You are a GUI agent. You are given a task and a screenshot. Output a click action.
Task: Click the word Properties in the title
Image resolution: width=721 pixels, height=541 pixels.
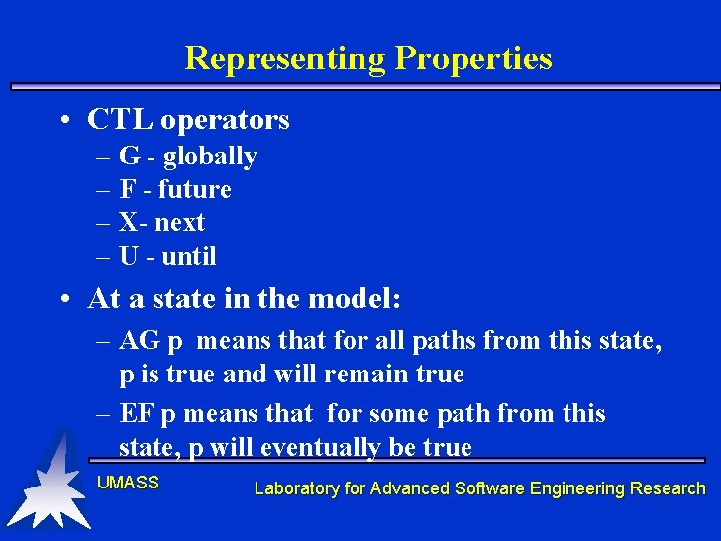click(x=473, y=58)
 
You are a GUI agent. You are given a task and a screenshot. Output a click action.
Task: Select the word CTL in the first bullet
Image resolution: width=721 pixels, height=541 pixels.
click(x=120, y=120)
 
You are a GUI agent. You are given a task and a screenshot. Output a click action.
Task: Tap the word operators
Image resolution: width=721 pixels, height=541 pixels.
click(x=225, y=121)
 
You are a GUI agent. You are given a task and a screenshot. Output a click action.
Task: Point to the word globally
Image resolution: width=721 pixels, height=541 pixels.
click(x=210, y=157)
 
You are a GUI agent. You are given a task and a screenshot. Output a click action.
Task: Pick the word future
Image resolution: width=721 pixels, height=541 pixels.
click(x=195, y=189)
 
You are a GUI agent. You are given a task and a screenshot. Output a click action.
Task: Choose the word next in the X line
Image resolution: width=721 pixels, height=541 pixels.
click(x=179, y=223)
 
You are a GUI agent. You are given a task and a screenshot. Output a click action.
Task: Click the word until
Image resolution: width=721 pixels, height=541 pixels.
click(x=188, y=256)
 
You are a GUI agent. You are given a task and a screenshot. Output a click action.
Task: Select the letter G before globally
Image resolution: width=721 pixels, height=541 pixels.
click(x=129, y=157)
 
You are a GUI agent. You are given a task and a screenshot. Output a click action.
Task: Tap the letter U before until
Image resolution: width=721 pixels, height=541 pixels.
click(x=129, y=256)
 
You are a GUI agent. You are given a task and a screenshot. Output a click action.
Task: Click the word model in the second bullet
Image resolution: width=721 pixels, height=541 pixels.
click(x=355, y=298)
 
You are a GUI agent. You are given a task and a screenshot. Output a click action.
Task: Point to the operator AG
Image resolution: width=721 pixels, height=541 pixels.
click(x=140, y=341)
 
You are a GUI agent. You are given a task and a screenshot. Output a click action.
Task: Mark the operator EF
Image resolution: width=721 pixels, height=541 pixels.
click(x=138, y=413)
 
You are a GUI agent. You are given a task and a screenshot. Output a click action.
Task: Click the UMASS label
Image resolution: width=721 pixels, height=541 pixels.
click(x=128, y=483)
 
